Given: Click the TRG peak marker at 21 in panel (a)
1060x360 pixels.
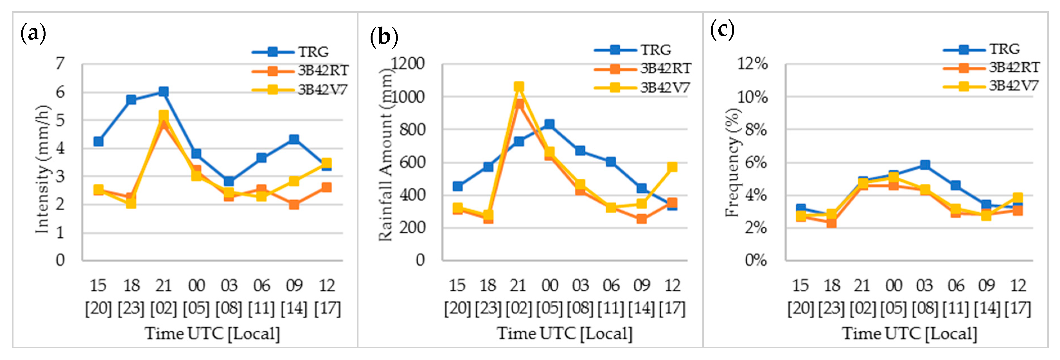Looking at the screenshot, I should point(163,91).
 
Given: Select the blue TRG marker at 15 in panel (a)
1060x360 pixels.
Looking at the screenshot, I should point(98,141).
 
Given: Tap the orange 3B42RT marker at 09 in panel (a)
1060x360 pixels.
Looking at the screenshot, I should point(294,204).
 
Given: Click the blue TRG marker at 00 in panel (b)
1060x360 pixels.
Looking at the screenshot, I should point(549,124).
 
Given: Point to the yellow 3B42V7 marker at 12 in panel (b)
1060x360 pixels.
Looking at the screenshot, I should point(672,166).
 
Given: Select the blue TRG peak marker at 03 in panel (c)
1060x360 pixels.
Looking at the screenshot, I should point(925,165).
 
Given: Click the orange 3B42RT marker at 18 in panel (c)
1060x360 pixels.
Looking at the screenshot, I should point(831,223).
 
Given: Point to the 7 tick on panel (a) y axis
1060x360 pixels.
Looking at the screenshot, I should point(60,64).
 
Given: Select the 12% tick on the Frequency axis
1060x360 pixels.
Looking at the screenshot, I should point(753,64).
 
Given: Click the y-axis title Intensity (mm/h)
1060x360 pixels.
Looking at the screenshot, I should point(42,169).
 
